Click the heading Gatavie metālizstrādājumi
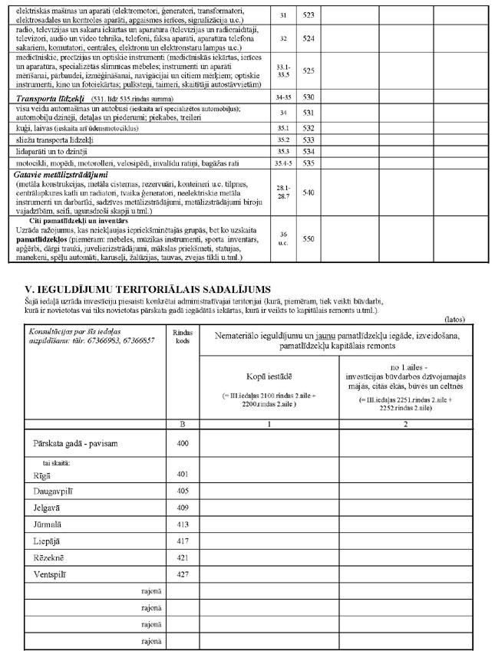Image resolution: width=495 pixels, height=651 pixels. click(63, 174)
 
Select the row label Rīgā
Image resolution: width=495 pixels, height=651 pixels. click(41, 475)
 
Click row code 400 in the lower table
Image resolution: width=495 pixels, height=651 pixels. click(182, 444)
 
